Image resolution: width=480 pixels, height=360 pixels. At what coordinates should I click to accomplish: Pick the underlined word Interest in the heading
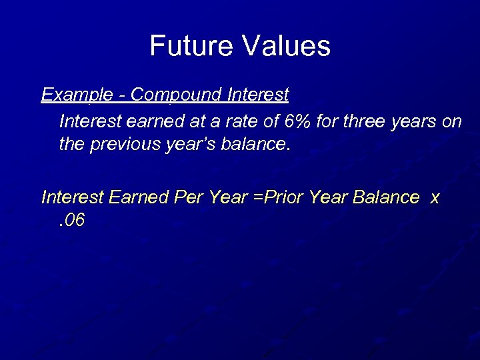click(258, 95)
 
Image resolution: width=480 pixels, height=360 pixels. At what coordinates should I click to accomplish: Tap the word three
click(365, 123)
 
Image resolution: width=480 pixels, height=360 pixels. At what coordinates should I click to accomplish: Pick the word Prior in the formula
click(281, 197)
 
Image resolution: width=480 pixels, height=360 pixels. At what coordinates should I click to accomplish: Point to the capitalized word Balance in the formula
click(387, 197)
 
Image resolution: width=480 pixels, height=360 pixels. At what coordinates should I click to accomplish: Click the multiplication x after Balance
click(435, 198)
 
